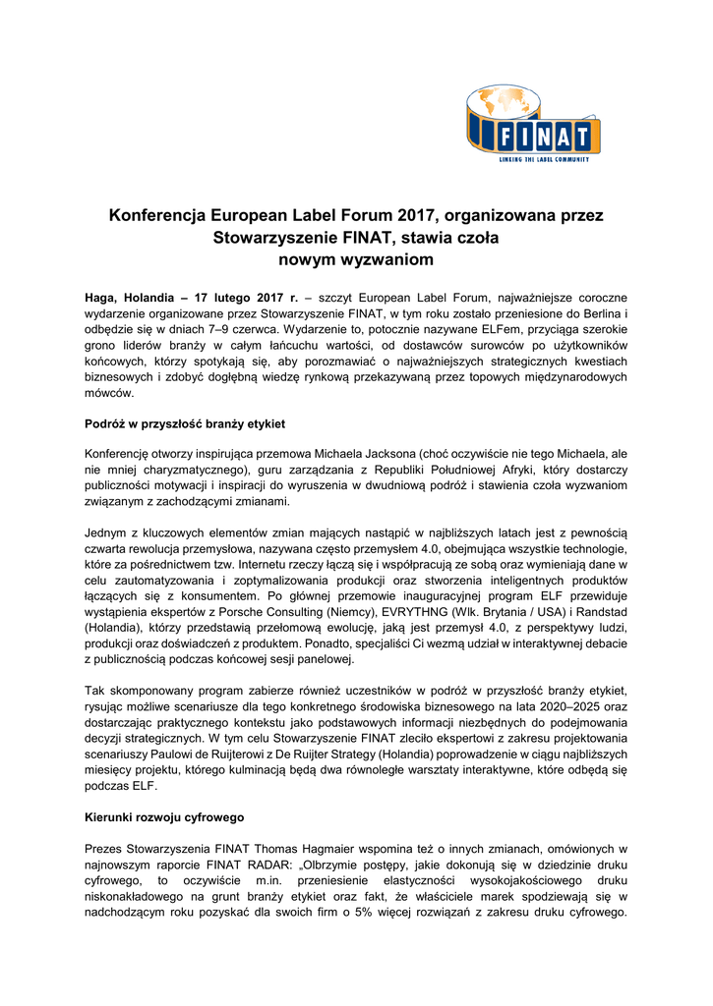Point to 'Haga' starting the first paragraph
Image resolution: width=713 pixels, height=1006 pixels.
(102, 296)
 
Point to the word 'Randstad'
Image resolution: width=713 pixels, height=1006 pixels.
(601, 609)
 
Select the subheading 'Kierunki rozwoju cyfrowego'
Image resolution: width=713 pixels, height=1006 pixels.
(164, 817)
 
